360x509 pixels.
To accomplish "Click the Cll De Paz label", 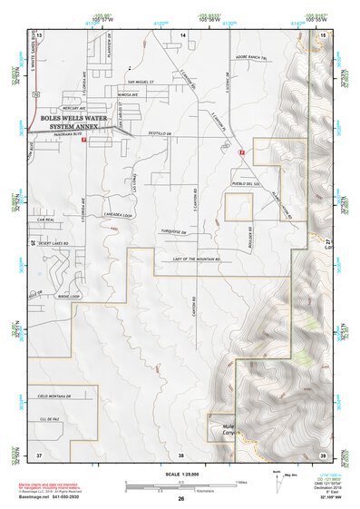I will pos(50,419).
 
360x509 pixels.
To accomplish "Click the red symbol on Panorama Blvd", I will pos(83,142).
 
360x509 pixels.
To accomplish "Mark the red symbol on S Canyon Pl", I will pos(241,154).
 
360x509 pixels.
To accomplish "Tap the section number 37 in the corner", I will pos(39,455).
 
